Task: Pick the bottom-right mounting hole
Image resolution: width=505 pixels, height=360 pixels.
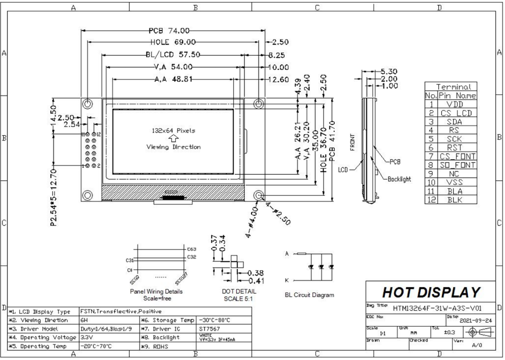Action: coord(259,195)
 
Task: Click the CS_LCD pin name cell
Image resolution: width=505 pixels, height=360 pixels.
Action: coord(456,113)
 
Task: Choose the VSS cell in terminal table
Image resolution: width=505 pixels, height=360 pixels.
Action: coord(456,183)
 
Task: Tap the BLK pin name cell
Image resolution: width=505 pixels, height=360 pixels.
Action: coord(456,200)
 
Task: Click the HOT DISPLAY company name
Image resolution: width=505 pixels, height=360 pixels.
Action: coord(431,292)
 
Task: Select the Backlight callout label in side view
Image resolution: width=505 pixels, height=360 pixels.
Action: coord(399,179)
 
